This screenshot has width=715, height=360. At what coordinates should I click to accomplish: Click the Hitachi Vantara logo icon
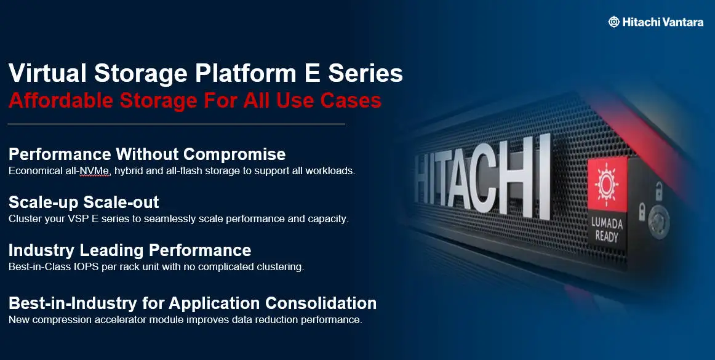[613, 22]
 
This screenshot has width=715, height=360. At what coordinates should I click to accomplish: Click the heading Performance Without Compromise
[147, 154]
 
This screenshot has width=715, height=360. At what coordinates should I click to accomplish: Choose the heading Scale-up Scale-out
[84, 202]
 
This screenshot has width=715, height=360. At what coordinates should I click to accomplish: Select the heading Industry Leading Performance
[130, 250]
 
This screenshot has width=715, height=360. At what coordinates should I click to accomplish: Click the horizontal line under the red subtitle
[176, 124]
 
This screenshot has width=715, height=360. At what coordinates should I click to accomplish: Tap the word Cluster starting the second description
[25, 218]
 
